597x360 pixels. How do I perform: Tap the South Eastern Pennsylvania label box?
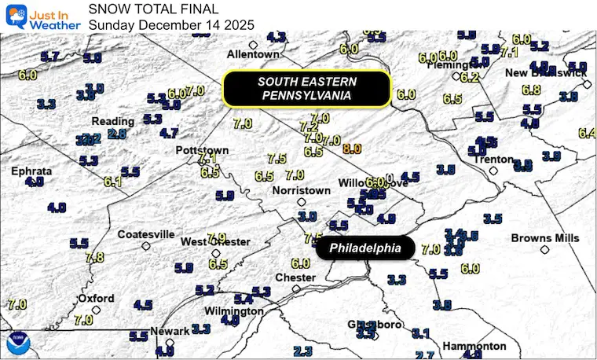[307, 88]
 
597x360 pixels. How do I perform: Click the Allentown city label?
[253, 54]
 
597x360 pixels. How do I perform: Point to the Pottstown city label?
[202, 150]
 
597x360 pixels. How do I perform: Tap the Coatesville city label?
[145, 234]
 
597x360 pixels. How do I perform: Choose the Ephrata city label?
[31, 171]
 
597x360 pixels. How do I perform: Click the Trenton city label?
[493, 160]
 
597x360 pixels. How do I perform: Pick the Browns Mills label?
[544, 238]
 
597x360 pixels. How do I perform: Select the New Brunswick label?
[546, 72]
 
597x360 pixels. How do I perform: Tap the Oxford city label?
[96, 299]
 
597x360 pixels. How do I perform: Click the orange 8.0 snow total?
[351, 148]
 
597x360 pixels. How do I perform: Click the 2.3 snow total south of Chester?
[302, 351]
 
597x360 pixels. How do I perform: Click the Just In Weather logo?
[42, 16]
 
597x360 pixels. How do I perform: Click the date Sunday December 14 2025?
[171, 24]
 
